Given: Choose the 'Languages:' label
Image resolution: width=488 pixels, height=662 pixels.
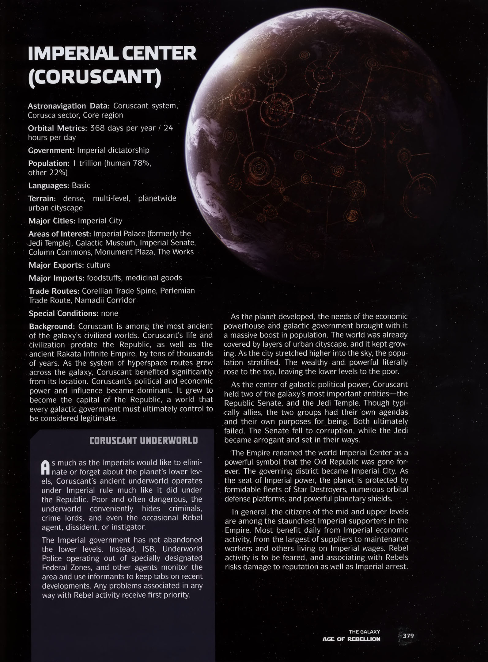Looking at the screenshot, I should [x=48, y=186].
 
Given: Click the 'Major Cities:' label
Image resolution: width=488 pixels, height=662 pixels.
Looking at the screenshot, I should [x=52, y=221].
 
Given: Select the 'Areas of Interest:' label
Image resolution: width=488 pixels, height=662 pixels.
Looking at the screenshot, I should [x=59, y=234].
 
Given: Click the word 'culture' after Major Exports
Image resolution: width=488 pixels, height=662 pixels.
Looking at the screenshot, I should [x=98, y=265].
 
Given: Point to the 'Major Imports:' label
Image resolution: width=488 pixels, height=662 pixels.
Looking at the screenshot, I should [x=56, y=278].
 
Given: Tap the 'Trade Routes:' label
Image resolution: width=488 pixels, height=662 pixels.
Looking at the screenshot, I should [x=54, y=291].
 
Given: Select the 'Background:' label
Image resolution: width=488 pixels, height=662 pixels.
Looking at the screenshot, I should [x=52, y=326].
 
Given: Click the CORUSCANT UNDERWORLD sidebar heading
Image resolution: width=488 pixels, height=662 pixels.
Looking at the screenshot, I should [x=143, y=441].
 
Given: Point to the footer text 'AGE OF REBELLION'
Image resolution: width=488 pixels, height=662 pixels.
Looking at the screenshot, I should [x=351, y=639].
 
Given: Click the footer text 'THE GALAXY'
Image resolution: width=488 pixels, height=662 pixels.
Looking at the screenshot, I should [x=364, y=632].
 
